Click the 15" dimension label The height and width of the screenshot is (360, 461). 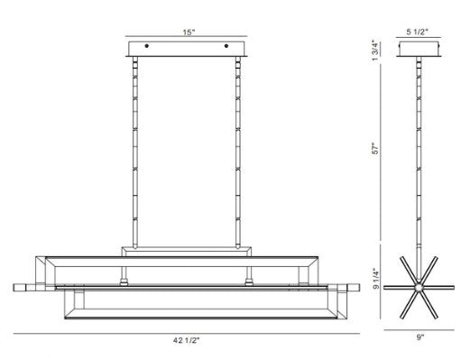coord(189,32)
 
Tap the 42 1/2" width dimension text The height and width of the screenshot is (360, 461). coord(186,340)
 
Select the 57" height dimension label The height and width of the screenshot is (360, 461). coord(375,149)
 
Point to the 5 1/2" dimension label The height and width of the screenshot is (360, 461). coord(417,32)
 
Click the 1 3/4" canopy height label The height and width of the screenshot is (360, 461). coord(375,51)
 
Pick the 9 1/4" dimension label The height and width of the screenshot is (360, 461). coord(375,278)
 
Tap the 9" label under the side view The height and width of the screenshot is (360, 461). coord(420,337)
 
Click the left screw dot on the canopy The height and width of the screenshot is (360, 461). coord(146,46)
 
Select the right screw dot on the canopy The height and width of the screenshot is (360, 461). coord(226,46)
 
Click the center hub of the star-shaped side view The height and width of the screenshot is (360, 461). coord(419,288)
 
